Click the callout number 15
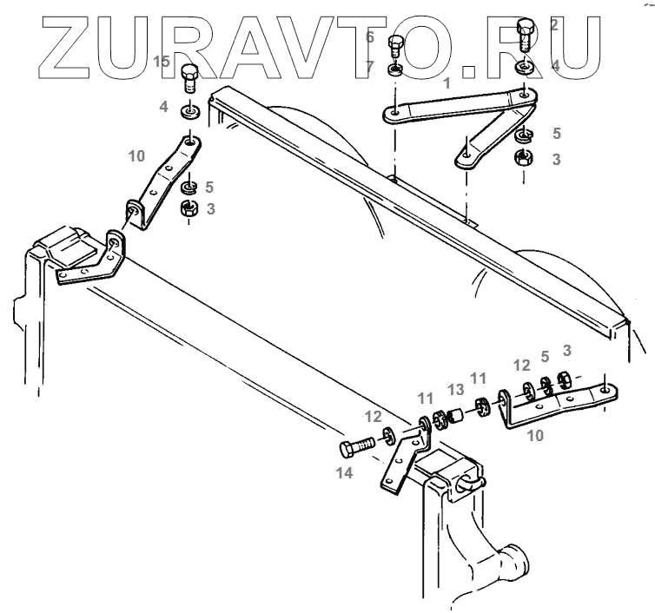pos(162,62)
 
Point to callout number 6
pos(369,37)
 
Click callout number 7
pos(369,66)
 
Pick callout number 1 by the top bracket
pos(447,83)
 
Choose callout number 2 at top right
pos(554,24)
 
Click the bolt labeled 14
pos(356,449)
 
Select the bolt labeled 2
pos(526,35)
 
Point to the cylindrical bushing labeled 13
pos(459,414)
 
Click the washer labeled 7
pos(395,69)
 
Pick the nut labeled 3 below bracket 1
pos(524,158)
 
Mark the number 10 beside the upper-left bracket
pos(136,156)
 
